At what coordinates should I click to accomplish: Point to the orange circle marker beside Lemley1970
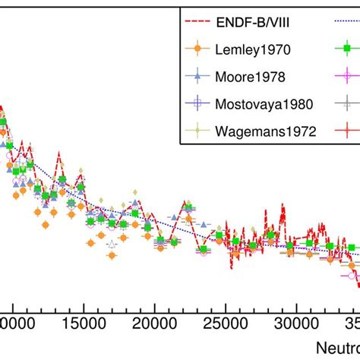pyautogui.click(x=197, y=49)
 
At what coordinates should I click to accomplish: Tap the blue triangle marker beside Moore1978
pyautogui.click(x=197, y=76)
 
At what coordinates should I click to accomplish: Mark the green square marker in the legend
pyautogui.click(x=347, y=49)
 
